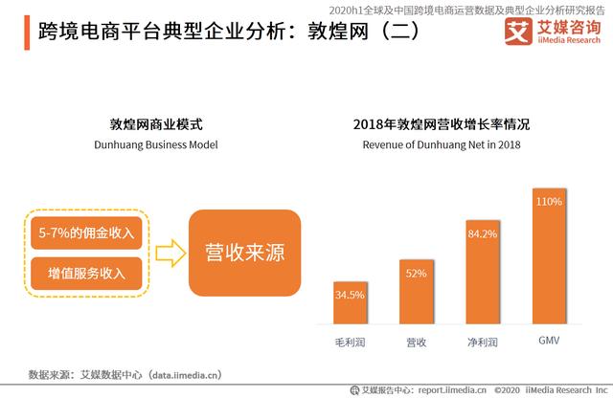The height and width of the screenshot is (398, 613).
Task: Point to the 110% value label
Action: pos(549,202)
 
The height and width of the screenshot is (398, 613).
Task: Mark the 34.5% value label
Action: pos(350,295)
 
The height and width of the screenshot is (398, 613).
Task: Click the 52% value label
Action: pos(416,274)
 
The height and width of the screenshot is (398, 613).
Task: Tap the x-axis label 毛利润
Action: pos(350,341)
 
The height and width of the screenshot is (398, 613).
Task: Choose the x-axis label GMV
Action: pos(549,341)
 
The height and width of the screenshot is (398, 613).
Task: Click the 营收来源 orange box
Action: pos(245,253)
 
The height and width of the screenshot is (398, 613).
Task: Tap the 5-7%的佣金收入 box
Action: pos(86,233)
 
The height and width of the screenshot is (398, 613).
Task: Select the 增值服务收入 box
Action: pos(86,274)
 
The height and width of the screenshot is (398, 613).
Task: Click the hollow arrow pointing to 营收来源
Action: pos(169,253)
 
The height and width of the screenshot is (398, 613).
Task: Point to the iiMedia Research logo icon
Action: pos(518,33)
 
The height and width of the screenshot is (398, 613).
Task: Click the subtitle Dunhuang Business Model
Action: pos(156,144)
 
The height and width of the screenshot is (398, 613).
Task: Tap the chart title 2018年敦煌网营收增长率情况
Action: pos(441,124)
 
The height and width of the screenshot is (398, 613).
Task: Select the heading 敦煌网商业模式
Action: pos(156,124)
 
